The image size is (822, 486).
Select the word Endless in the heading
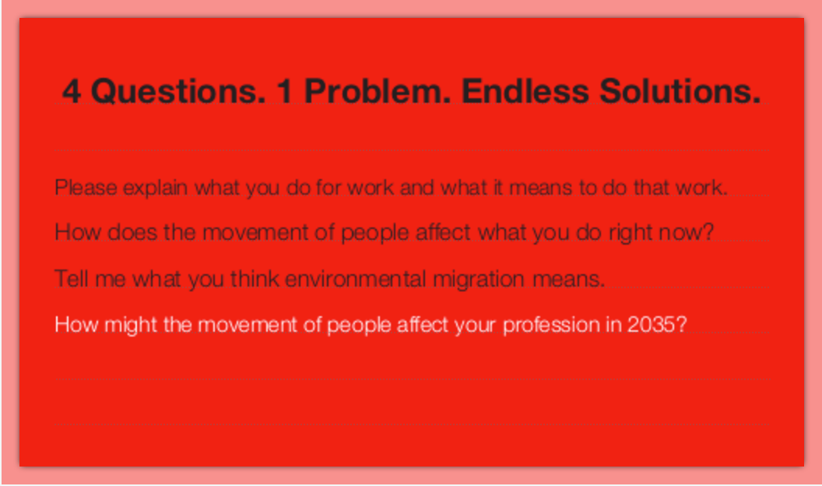point(525,91)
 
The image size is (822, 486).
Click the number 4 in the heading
point(72,91)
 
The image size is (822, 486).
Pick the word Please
point(86,187)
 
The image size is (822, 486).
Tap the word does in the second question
point(132,232)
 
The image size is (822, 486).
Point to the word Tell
point(72,278)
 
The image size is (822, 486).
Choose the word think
point(255,278)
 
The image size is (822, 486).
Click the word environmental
point(356,278)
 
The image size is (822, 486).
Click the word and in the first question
point(416,187)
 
